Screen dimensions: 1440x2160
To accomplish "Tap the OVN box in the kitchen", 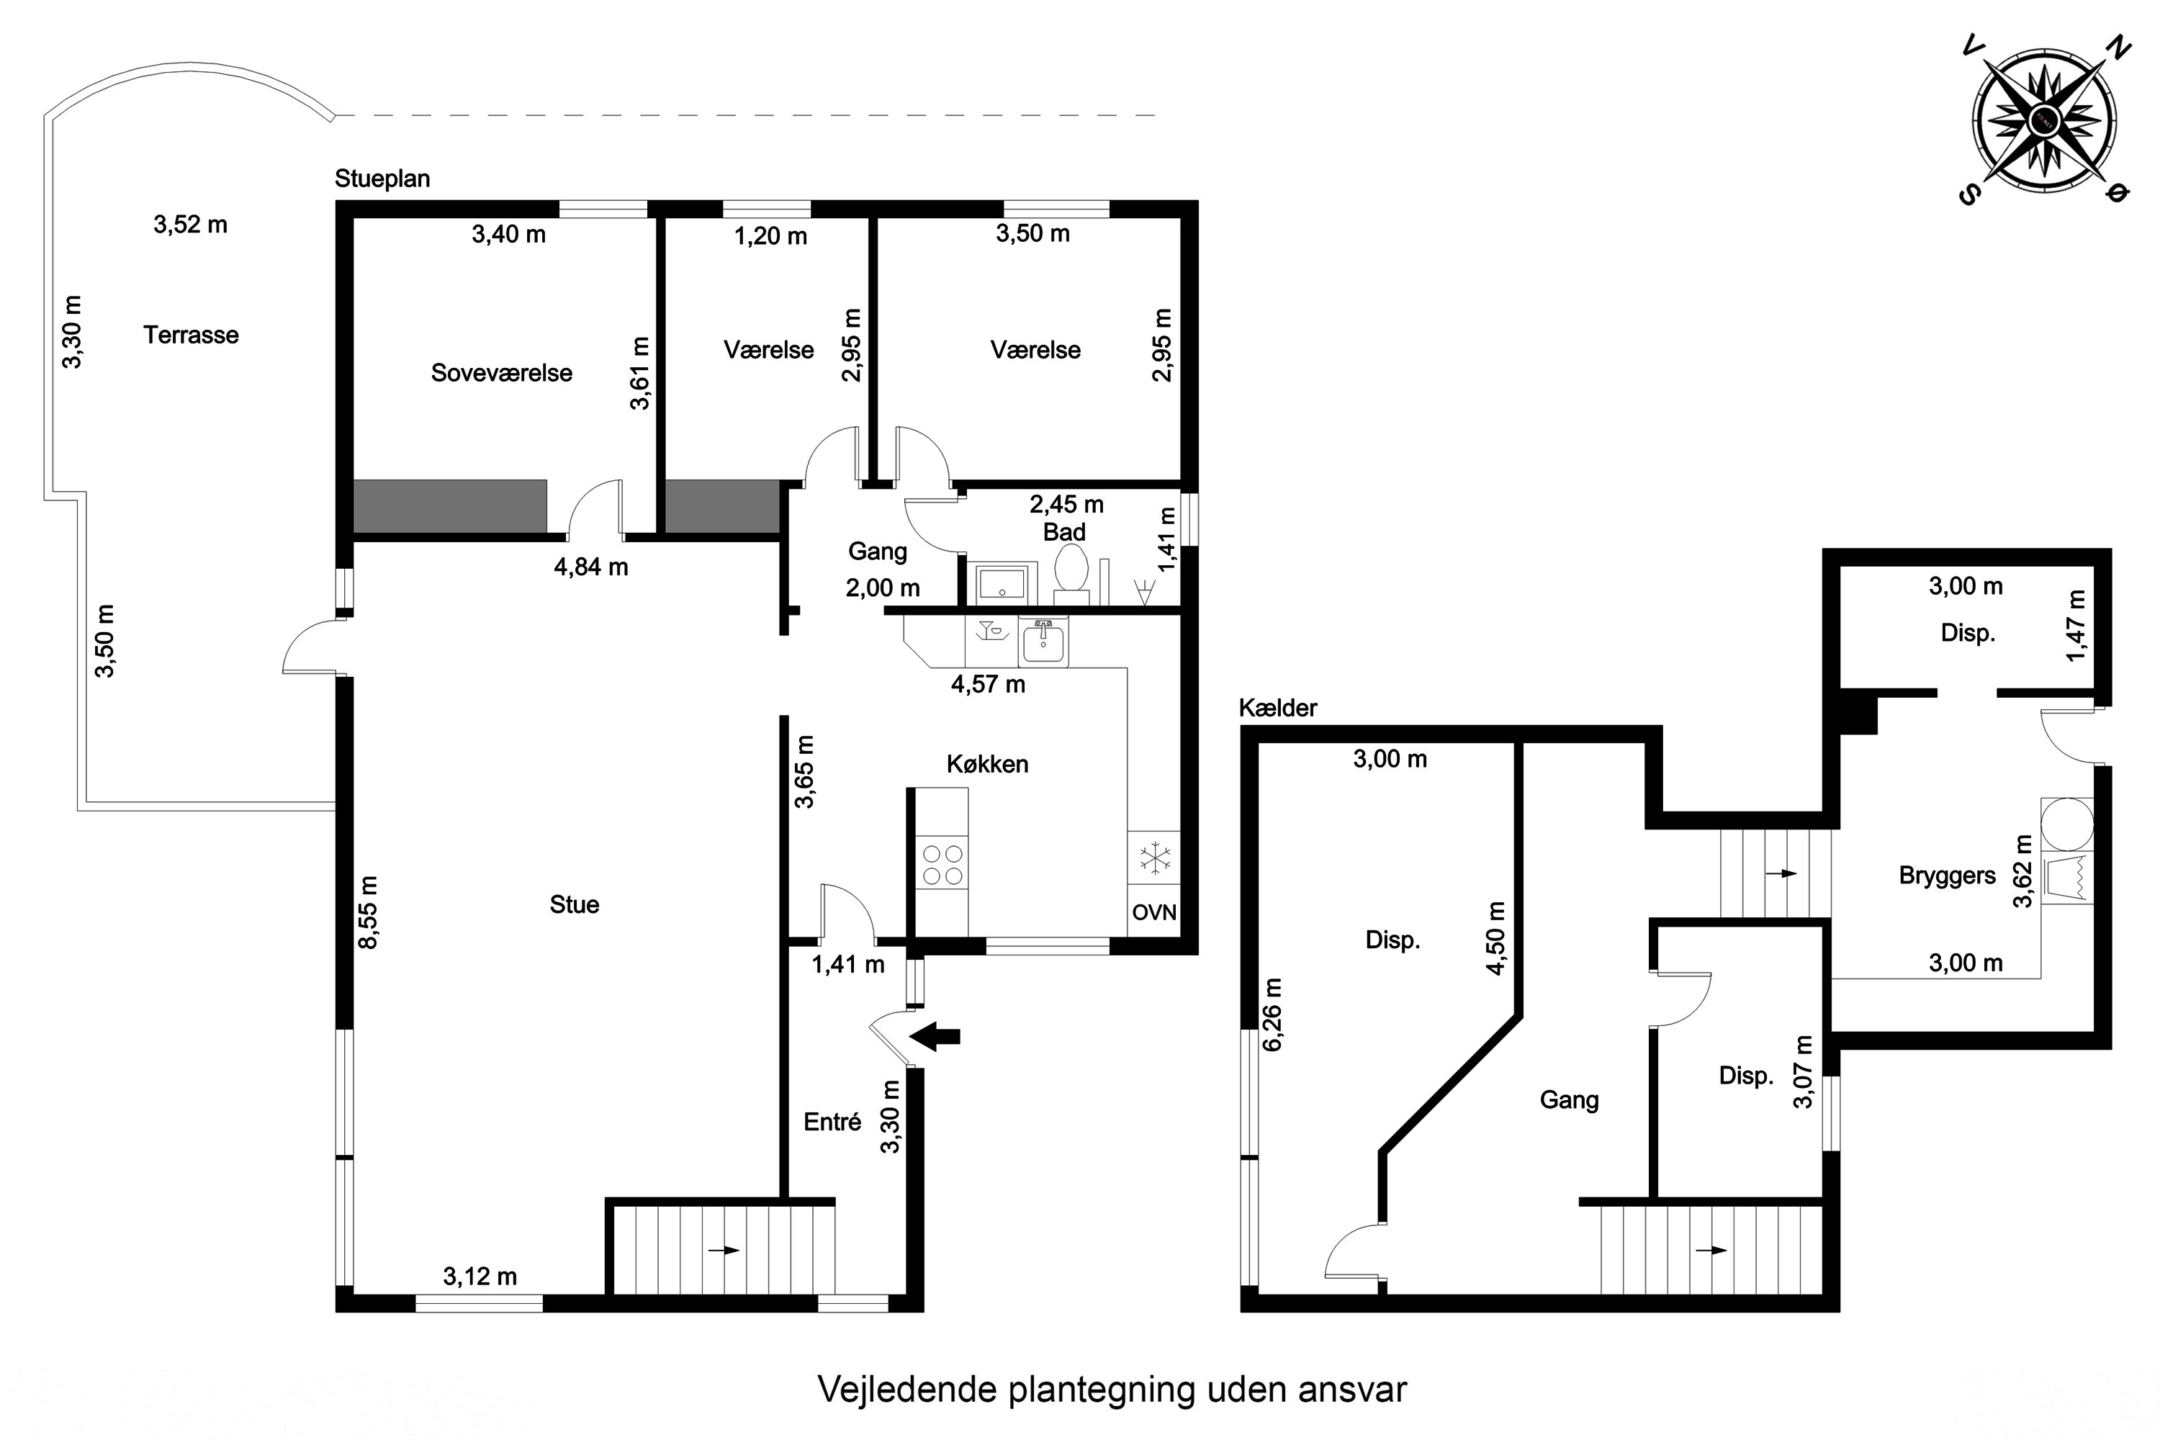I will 1153,912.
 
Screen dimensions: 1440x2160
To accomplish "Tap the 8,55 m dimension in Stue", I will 367,912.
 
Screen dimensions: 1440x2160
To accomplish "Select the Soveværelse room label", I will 501,373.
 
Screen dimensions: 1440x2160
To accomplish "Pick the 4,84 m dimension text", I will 590,567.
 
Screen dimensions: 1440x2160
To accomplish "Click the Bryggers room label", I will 1947,876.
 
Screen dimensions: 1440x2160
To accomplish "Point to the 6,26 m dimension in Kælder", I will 1273,1014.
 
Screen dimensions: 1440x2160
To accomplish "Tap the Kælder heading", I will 1277,708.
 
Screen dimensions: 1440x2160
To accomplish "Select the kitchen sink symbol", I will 1043,641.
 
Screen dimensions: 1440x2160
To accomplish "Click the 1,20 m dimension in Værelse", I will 770,237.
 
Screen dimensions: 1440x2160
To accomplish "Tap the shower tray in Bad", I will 1002,583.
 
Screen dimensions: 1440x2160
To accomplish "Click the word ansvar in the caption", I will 1352,1390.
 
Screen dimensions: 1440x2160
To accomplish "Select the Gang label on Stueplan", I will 877,551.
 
